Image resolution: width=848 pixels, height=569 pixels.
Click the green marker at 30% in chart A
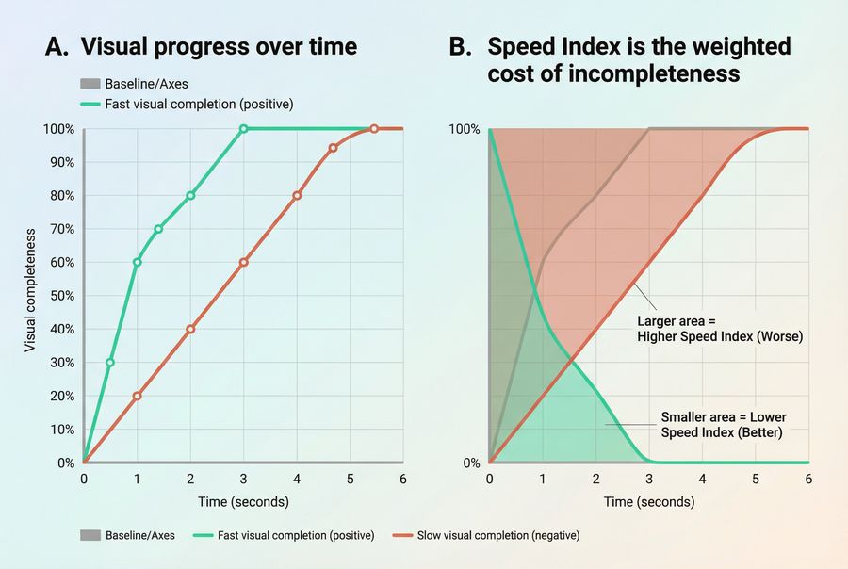click(110, 363)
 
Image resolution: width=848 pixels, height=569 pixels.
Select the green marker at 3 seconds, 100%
click(243, 129)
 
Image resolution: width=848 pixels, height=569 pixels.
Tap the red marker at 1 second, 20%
click(137, 396)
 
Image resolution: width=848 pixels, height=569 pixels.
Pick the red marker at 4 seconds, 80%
click(297, 196)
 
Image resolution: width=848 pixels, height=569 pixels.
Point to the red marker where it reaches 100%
click(374, 129)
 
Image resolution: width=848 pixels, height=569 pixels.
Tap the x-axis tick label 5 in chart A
click(350, 479)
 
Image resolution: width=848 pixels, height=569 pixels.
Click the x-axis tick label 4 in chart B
click(702, 479)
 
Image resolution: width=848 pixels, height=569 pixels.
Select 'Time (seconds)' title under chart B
click(648, 501)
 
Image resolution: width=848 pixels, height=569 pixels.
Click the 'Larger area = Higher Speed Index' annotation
click(720, 328)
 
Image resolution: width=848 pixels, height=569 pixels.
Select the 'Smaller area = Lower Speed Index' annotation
click(723, 425)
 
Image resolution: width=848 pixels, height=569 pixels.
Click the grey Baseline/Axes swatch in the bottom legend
click(91, 535)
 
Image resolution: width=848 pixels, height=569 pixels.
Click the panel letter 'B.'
click(461, 47)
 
